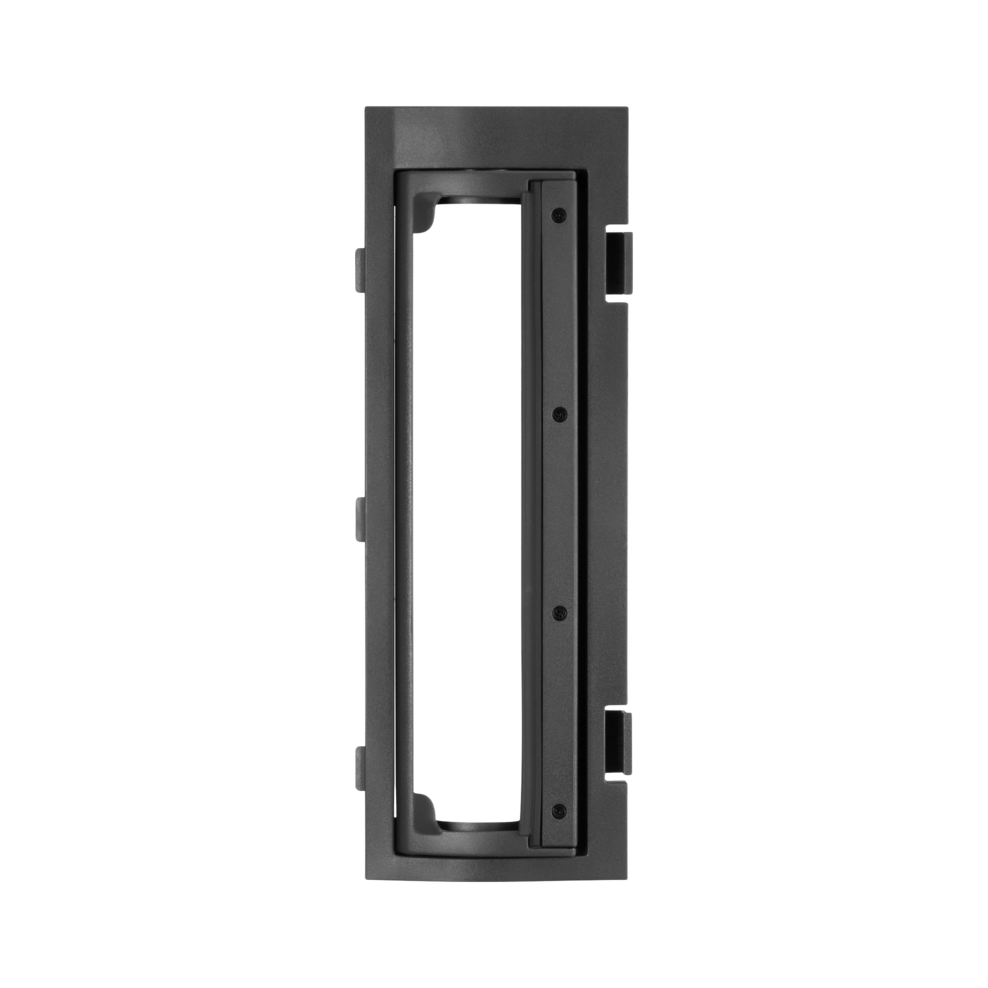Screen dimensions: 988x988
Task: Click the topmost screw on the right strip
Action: pos(558,214)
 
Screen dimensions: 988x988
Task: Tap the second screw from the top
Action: pos(558,415)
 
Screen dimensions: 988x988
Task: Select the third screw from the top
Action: pos(558,612)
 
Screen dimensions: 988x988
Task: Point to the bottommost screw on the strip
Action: pos(558,810)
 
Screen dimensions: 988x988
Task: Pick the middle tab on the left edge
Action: pos(359,518)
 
